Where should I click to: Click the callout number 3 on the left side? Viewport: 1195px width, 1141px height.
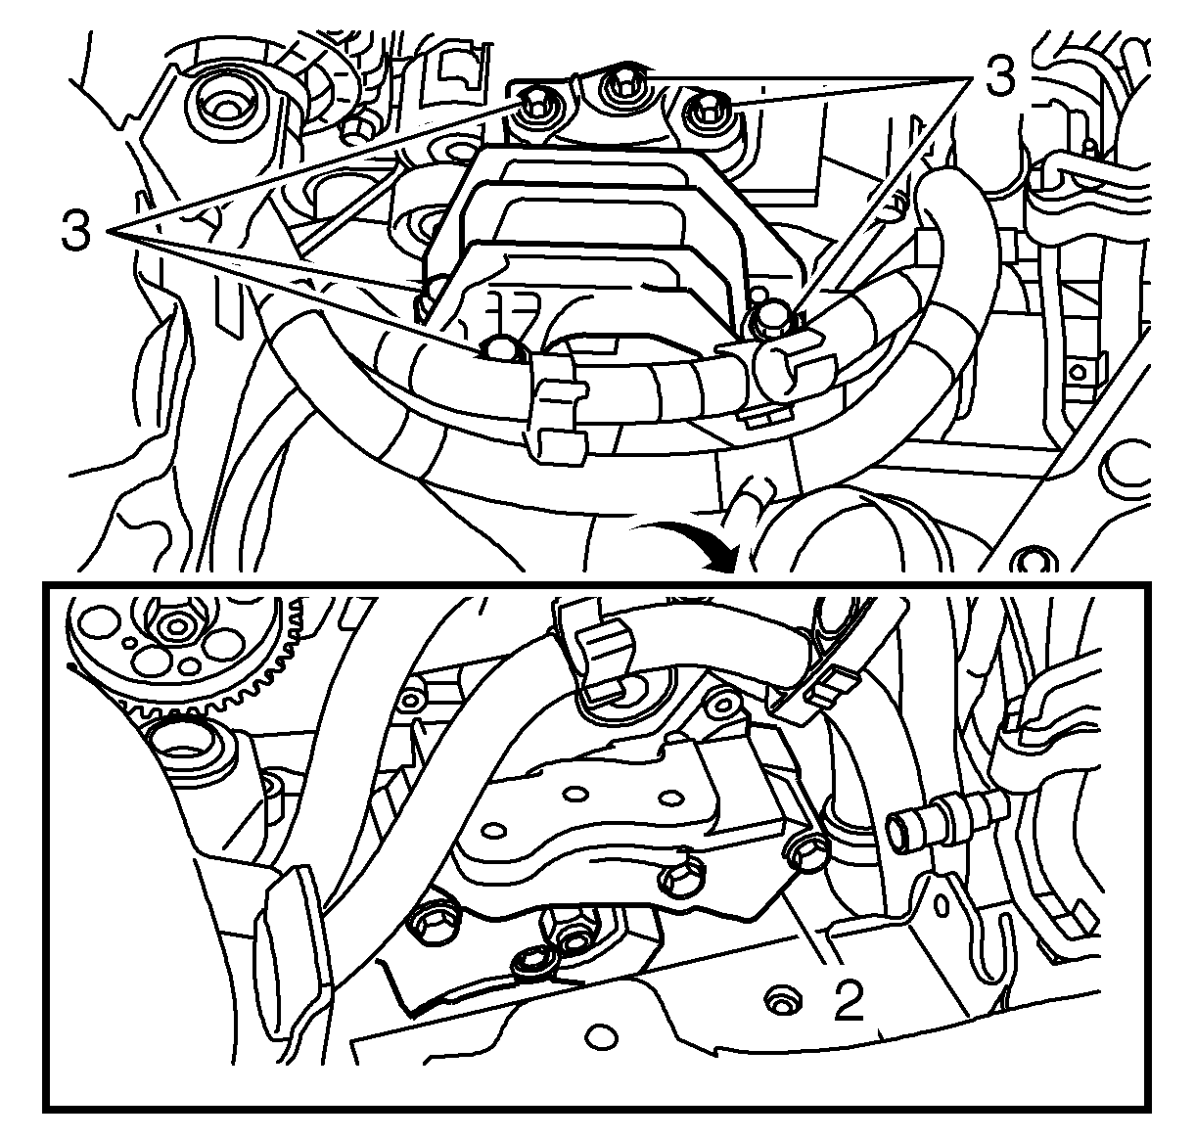coord(76,229)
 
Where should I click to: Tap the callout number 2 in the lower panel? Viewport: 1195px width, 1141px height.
coord(849,999)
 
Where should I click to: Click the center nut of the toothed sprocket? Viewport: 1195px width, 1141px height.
coord(177,626)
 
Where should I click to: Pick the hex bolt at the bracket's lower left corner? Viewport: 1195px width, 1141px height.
coord(435,921)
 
